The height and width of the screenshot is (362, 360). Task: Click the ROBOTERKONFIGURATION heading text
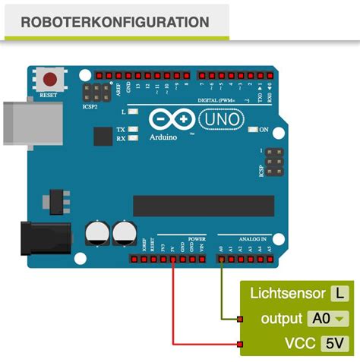[115, 22]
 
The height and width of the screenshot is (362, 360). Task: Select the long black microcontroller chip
[203, 206]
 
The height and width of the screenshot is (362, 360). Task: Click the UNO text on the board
[222, 120]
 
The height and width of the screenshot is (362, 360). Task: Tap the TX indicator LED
[133, 130]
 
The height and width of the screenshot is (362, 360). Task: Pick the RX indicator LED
[133, 139]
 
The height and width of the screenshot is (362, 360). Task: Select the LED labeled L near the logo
[133, 112]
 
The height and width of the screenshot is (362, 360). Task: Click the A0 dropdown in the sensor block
[327, 319]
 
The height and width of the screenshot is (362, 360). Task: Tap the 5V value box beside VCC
[334, 343]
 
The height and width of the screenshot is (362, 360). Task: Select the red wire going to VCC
[174, 311]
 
